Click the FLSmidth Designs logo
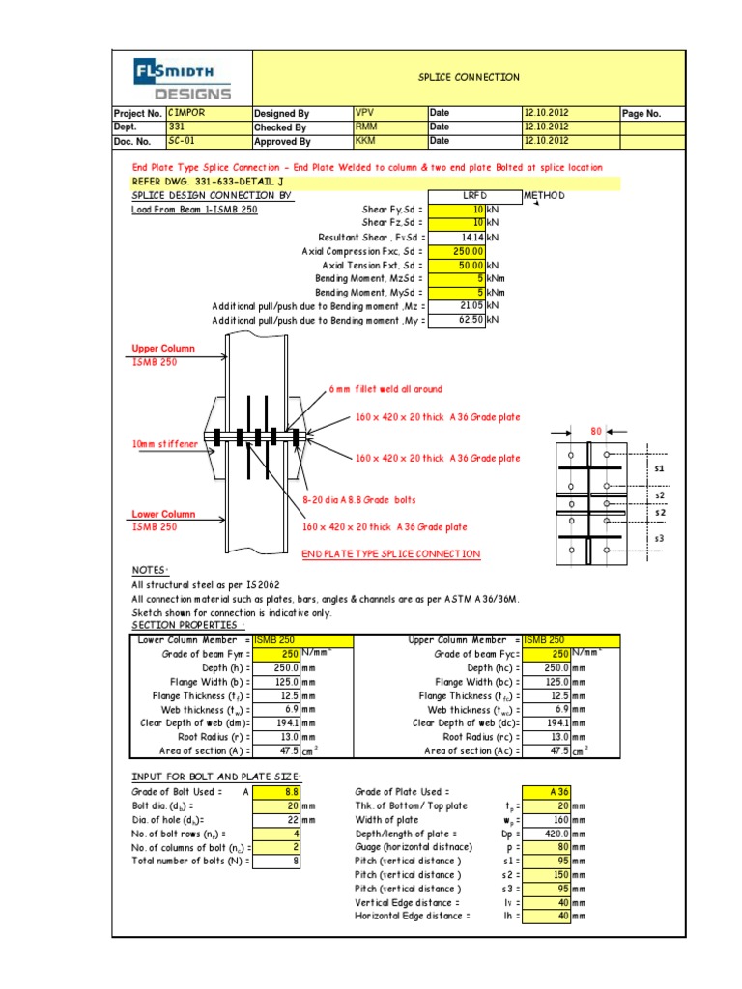(183, 78)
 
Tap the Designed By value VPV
(389, 113)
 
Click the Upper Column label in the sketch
(163, 349)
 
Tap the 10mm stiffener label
(163, 443)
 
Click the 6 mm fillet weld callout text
(385, 389)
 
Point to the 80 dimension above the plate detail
(595, 432)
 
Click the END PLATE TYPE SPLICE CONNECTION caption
(390, 553)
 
